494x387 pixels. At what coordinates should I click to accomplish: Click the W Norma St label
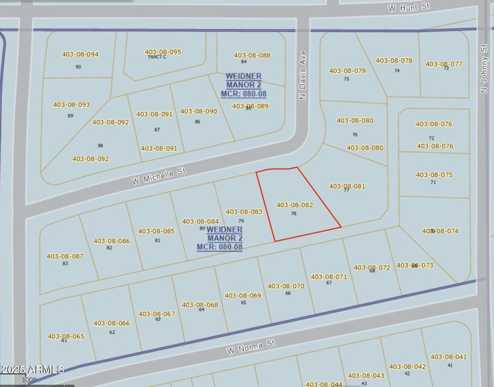tap(250, 347)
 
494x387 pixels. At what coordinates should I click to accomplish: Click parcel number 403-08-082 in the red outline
tap(295, 205)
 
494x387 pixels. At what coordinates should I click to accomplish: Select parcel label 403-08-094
tap(80, 54)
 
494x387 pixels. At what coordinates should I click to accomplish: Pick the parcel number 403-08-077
tap(444, 64)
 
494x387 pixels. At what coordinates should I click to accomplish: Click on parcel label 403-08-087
tap(65, 256)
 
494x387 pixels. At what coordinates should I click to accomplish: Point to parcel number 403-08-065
tap(66, 336)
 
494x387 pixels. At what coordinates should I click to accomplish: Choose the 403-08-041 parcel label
tap(449, 357)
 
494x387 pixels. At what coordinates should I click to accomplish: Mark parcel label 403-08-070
tap(286, 286)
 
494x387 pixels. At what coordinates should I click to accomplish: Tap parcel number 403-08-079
tap(348, 71)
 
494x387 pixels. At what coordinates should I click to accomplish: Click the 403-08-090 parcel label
tap(199, 111)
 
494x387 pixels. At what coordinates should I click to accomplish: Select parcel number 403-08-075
tap(434, 175)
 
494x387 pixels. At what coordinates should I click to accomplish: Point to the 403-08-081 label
tap(347, 186)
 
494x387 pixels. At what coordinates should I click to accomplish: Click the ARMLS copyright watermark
tap(31, 370)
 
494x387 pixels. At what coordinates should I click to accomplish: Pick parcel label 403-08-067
tap(157, 314)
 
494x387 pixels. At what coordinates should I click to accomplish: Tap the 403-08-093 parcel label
tap(72, 105)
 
